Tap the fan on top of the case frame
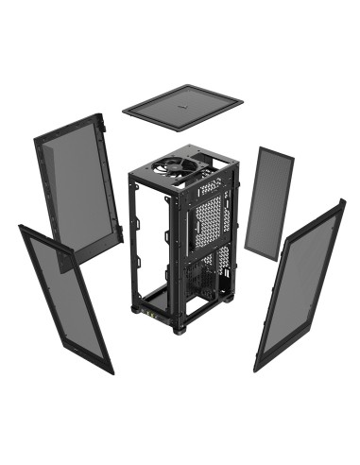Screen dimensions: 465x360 (x=180, y=167)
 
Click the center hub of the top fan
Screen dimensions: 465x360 (x=180, y=167)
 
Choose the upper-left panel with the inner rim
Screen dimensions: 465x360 (x=80, y=189)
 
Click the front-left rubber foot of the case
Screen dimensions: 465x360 (x=138, y=315)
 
